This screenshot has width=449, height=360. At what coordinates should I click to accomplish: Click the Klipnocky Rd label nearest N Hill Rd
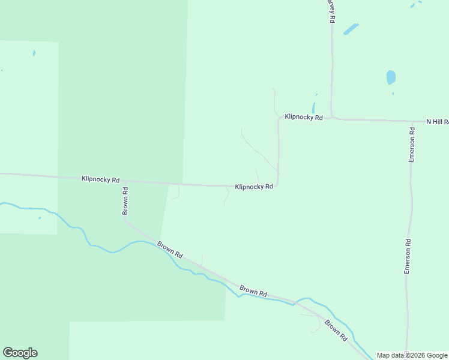click(x=304, y=117)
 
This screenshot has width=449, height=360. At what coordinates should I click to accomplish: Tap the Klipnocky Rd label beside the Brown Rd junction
click(x=101, y=179)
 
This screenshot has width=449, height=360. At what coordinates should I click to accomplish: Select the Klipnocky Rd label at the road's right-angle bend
click(x=254, y=187)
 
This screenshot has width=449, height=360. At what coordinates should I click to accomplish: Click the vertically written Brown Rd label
click(x=125, y=202)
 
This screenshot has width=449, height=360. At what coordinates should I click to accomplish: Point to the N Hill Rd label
click(x=437, y=121)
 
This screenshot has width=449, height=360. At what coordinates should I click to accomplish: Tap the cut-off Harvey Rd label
click(x=331, y=11)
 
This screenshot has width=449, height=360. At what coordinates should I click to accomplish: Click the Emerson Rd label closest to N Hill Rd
click(x=412, y=144)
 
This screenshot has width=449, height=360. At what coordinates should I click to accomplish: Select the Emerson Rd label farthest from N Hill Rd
click(x=407, y=257)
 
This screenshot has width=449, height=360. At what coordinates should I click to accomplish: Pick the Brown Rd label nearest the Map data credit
click(x=336, y=331)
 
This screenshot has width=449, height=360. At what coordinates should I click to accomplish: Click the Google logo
click(x=20, y=353)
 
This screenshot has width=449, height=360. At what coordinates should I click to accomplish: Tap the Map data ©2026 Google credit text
click(x=411, y=355)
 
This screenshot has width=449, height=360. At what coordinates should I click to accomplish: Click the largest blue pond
click(x=391, y=77)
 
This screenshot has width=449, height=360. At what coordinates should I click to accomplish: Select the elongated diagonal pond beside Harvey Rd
click(x=351, y=29)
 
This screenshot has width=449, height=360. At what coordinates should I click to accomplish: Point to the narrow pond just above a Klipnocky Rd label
click(x=313, y=107)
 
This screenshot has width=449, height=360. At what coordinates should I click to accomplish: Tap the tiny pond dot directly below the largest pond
click(x=393, y=93)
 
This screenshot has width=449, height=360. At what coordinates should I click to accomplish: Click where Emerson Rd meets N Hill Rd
click(x=412, y=121)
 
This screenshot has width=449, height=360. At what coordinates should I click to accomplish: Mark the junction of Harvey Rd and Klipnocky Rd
click(x=332, y=118)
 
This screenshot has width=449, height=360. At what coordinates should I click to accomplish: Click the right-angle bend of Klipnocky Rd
click(x=278, y=185)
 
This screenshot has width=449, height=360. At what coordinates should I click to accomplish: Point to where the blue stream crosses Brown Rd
click(x=295, y=302)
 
